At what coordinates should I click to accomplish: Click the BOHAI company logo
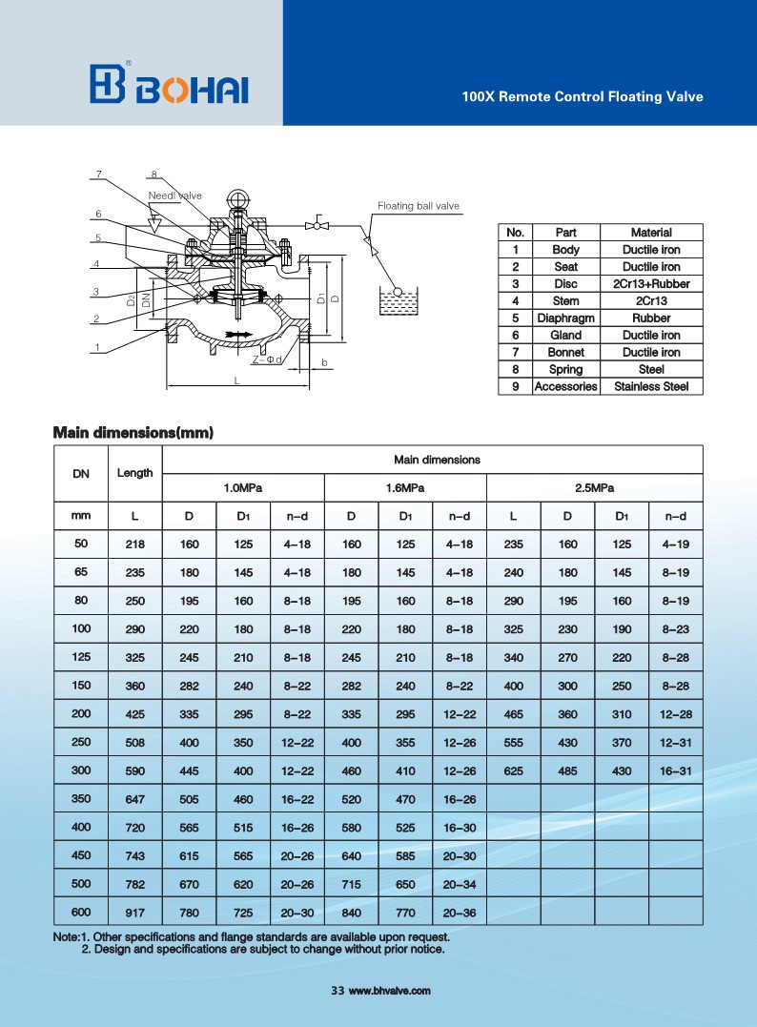pos(169,85)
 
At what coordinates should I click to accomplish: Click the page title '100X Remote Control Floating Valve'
pos(582,97)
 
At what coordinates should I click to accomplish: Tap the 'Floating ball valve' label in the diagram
pos(418,206)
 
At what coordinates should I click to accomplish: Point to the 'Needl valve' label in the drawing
pos(175,195)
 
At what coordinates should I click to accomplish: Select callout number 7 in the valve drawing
pos(97,174)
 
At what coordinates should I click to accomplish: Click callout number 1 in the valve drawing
pos(97,348)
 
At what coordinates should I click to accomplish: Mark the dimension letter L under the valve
pos(236,380)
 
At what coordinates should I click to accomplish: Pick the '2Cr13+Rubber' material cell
pos(651,284)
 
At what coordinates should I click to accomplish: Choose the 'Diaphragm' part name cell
pos(565,318)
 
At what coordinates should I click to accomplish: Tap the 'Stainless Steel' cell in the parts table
pos(651,387)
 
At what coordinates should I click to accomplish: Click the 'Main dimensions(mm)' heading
pos(133,433)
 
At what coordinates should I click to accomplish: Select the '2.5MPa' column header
pos(594,488)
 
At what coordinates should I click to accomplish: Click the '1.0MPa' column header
pos(243,488)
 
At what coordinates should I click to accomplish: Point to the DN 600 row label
pos(81,911)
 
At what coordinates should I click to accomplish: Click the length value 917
pos(134,912)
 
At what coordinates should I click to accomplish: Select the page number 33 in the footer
pos(337,992)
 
